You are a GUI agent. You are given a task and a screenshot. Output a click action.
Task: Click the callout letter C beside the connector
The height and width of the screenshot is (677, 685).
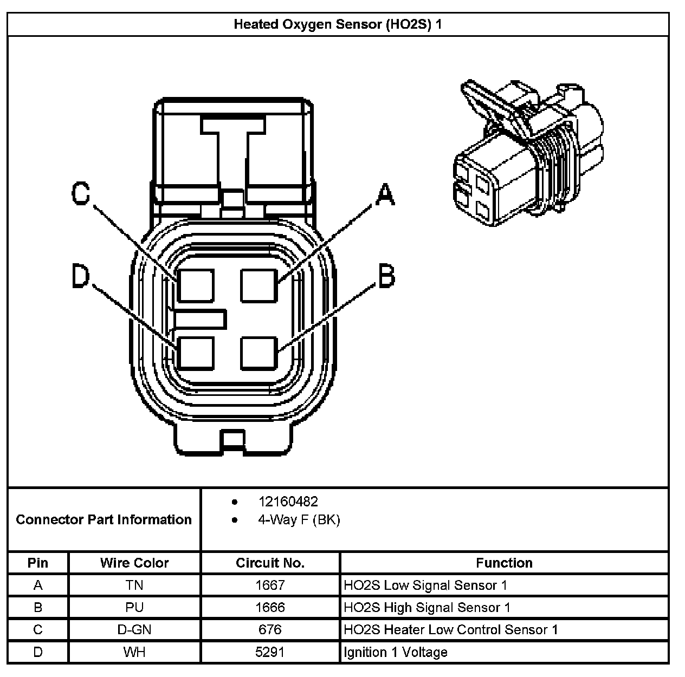click(81, 194)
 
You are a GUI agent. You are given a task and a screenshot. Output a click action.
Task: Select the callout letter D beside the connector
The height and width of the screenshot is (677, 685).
click(81, 277)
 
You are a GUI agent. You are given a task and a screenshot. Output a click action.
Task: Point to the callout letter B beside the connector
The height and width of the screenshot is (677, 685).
click(386, 276)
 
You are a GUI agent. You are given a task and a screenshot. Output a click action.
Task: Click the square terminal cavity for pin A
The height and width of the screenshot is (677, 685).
click(259, 285)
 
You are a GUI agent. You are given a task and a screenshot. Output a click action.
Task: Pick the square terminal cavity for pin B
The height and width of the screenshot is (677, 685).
click(259, 353)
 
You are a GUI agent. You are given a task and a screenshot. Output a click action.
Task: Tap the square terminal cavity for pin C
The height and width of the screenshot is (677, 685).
click(196, 285)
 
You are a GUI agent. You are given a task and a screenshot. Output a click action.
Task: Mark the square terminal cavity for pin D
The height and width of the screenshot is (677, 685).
click(196, 353)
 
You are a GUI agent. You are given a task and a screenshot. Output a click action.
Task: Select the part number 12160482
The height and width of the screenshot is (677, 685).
click(288, 502)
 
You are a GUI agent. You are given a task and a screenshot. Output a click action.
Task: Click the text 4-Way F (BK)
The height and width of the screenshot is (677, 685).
click(299, 520)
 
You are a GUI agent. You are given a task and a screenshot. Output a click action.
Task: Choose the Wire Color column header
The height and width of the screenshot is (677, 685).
click(134, 563)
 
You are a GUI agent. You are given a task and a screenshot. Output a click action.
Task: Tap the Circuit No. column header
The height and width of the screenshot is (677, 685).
click(270, 563)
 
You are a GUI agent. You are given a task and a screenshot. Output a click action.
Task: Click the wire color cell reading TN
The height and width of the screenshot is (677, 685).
click(134, 585)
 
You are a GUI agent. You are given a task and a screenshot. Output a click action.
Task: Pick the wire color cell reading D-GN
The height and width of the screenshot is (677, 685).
click(134, 630)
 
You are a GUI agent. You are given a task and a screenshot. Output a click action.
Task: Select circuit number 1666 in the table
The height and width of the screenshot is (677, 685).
click(270, 608)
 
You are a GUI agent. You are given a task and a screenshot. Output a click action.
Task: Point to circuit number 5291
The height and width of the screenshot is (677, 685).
click(270, 652)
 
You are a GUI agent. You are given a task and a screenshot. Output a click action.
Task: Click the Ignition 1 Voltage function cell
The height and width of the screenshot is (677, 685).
click(396, 652)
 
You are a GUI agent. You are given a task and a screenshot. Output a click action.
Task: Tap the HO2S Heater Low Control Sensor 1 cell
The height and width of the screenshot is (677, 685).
click(451, 630)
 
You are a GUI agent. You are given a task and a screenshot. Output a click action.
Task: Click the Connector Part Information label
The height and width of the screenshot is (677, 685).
click(104, 520)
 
